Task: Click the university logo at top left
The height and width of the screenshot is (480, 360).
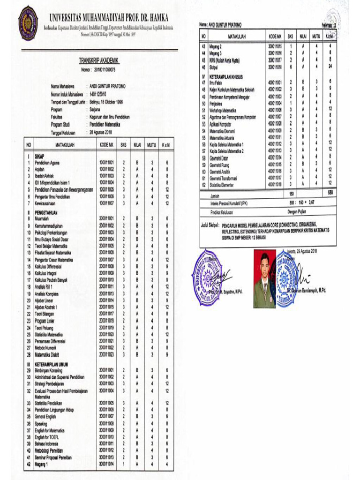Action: [28, 23]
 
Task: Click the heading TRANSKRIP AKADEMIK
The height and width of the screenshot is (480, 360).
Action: [99, 60]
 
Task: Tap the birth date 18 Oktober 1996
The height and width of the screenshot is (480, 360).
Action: [112, 101]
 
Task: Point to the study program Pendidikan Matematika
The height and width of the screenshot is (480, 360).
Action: [105, 125]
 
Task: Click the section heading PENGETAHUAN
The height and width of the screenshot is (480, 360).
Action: [48, 212]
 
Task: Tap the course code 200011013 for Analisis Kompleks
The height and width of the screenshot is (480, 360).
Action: [106, 293]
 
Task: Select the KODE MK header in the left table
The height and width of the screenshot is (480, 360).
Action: [106, 145]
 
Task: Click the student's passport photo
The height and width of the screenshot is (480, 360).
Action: [264, 278]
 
